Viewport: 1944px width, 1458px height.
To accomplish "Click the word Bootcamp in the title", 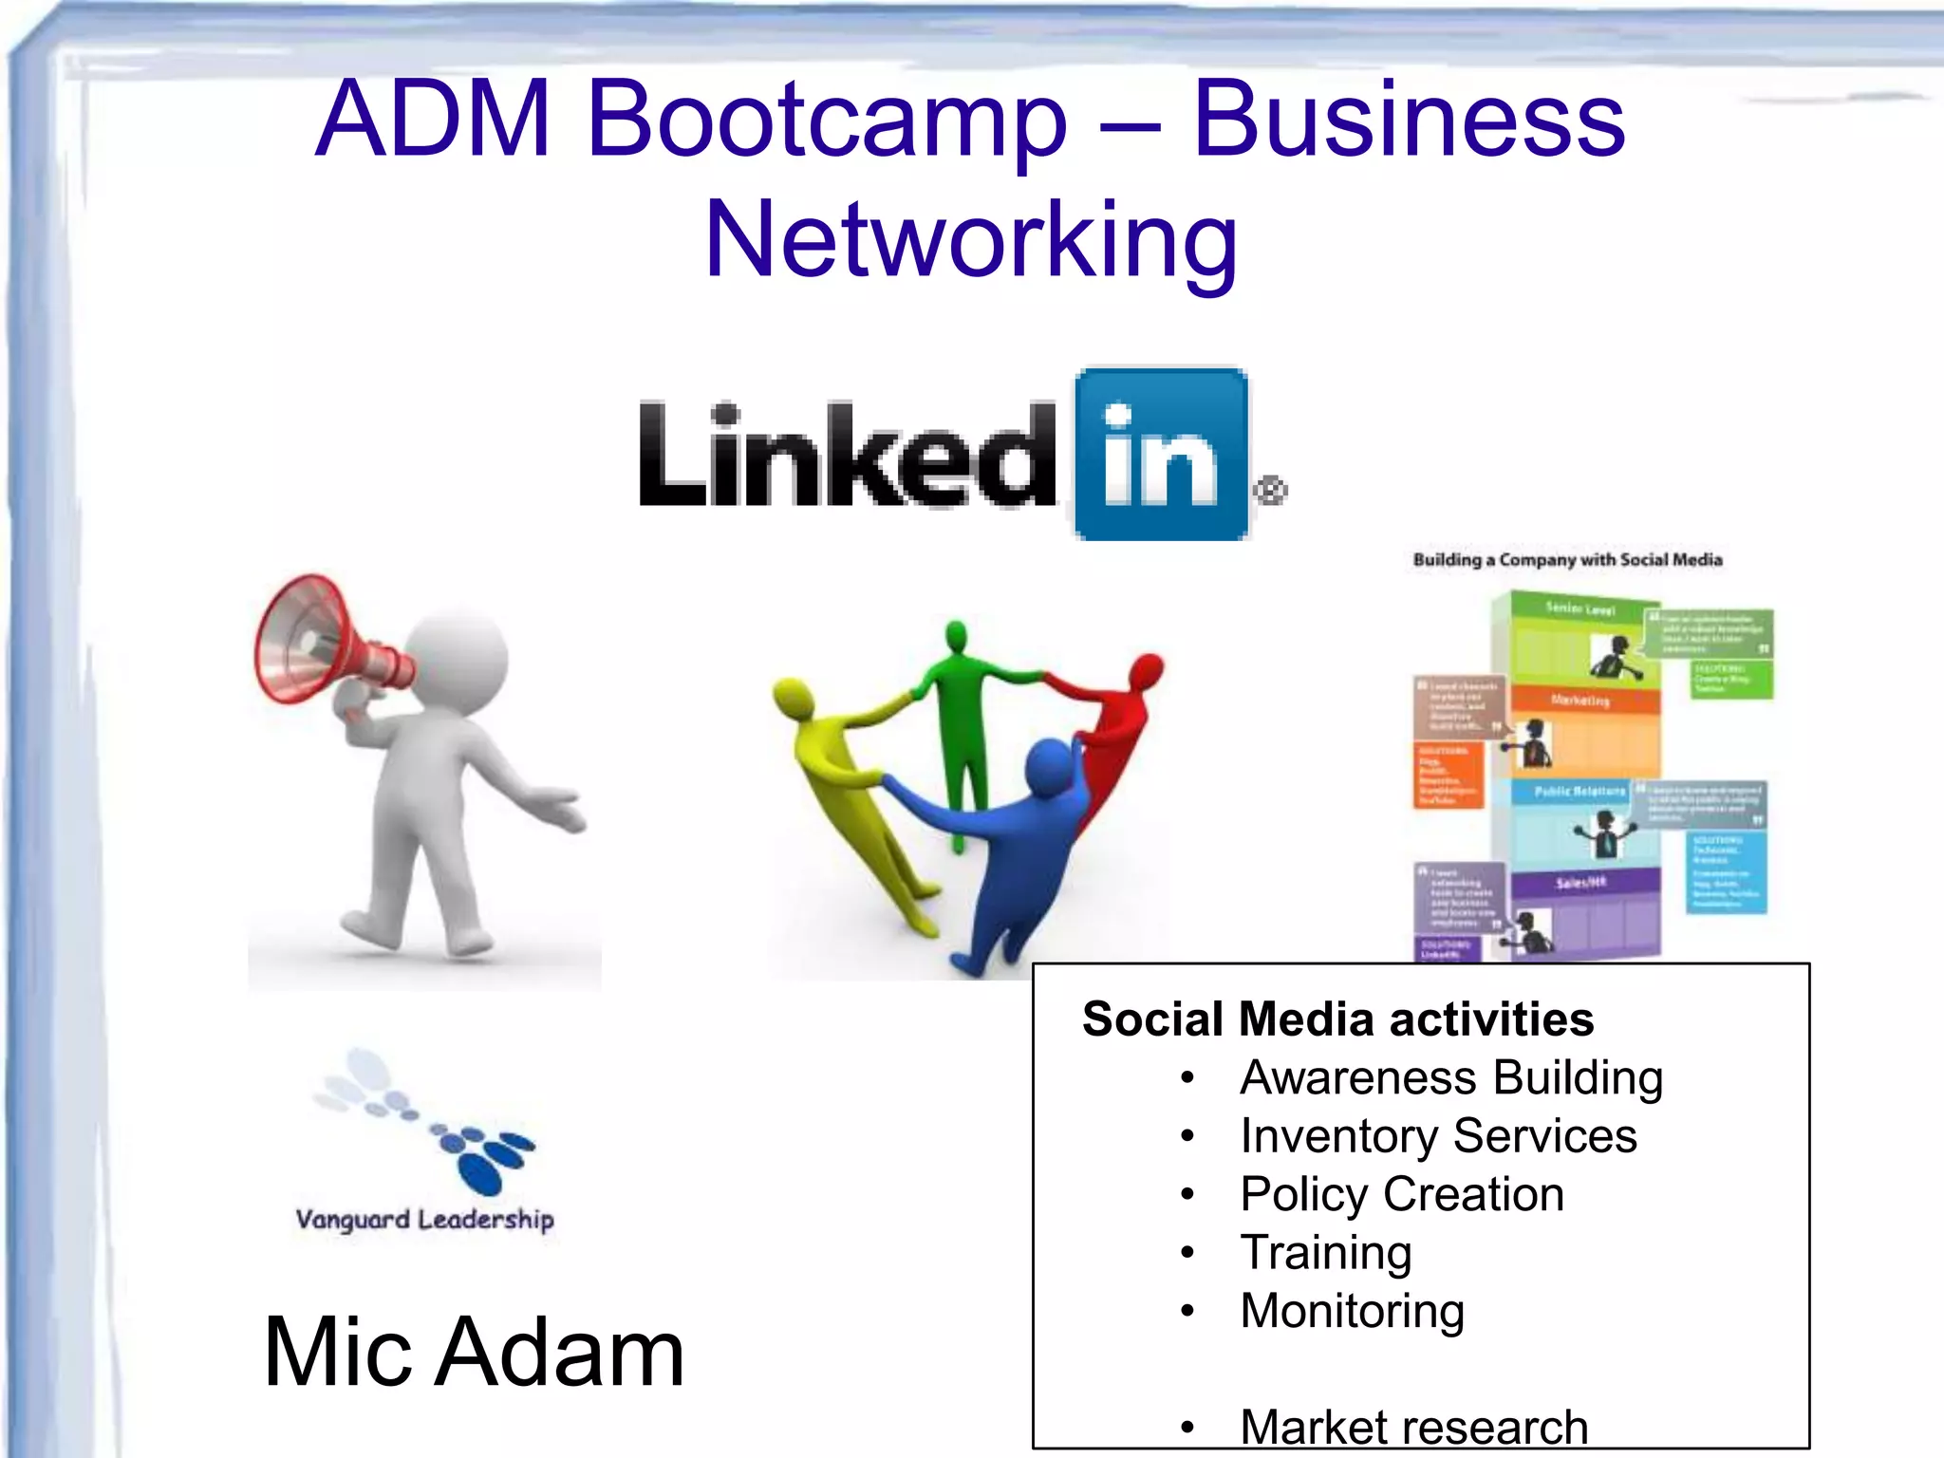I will [x=827, y=121].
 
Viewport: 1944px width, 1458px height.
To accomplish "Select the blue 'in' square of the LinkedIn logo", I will [x=1161, y=454].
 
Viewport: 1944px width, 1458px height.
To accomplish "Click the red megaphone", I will [x=323, y=641].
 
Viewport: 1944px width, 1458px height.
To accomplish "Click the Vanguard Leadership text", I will [x=424, y=1220].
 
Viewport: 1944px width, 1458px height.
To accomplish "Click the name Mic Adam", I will [x=474, y=1352].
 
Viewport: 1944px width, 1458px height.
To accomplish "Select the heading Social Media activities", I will [x=1337, y=1019].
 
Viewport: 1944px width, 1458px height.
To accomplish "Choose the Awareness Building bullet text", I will [x=1451, y=1078].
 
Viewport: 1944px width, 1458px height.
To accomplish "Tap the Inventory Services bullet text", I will [x=1438, y=1136].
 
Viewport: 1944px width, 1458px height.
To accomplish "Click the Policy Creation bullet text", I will [x=1402, y=1194].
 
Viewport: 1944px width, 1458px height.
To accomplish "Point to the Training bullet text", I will [x=1326, y=1253].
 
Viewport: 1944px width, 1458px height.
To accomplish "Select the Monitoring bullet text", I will [x=1353, y=1311].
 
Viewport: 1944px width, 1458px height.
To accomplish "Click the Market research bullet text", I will [x=1414, y=1427].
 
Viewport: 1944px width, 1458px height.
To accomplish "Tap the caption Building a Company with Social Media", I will [x=1567, y=560].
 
